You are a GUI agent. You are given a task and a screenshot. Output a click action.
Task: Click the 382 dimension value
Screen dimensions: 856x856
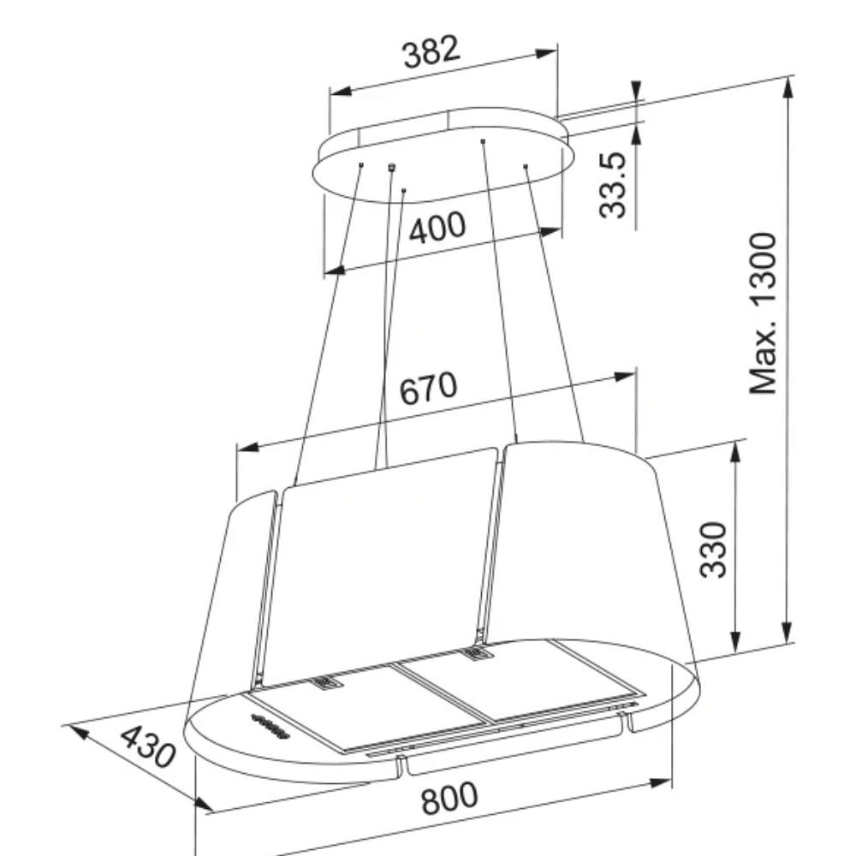431,52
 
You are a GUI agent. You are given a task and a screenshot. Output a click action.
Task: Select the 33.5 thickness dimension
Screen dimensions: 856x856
612,186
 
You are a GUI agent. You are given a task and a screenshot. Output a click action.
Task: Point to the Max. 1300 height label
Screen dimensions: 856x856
763,313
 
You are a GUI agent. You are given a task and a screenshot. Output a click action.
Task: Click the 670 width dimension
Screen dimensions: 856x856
427,388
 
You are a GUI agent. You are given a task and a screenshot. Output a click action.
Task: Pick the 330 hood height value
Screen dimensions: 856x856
713,550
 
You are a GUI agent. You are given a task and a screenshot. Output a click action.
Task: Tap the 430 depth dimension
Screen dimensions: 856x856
148,746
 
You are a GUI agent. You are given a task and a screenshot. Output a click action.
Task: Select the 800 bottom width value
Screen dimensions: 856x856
449,798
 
